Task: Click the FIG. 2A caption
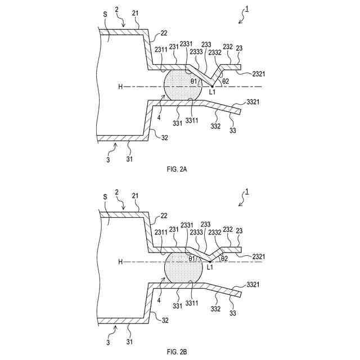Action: point(180,168)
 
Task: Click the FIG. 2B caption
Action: point(180,352)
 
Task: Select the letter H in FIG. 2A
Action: point(120,87)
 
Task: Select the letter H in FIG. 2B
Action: point(120,262)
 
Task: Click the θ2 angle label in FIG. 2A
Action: point(226,82)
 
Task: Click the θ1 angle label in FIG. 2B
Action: point(192,258)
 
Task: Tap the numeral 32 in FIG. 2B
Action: point(164,319)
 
